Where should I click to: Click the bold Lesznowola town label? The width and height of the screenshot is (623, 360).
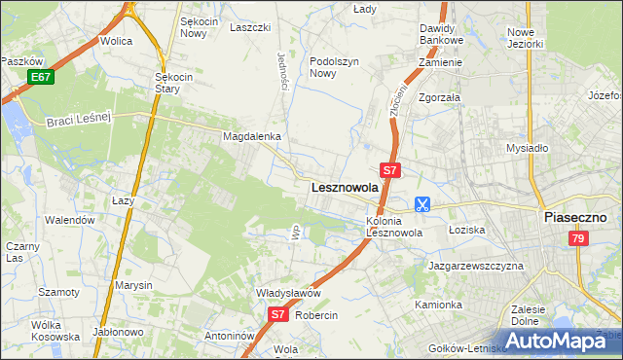coord(344,187)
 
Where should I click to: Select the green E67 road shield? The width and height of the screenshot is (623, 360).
coord(40,77)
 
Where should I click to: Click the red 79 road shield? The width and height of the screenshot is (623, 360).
coord(578,238)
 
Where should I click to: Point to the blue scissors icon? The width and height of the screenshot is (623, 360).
coord(422,204)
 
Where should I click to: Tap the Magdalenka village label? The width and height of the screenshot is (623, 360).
coord(252,137)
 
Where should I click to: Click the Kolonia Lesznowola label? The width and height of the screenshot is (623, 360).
coord(393,227)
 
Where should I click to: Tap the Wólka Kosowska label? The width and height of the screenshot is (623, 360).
coord(55,331)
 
